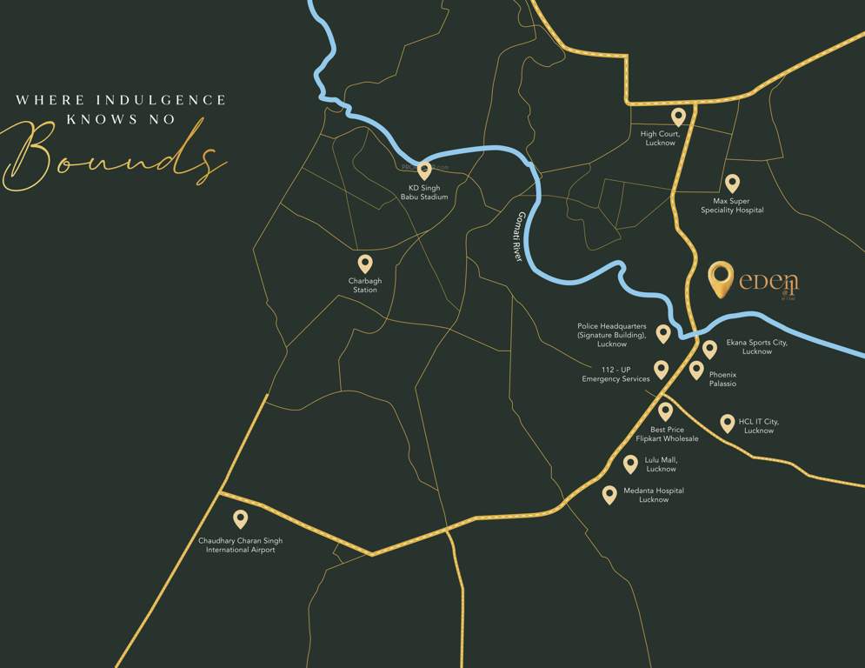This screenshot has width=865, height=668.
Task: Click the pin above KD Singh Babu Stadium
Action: click(424, 170)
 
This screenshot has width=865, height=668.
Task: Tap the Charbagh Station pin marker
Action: click(365, 264)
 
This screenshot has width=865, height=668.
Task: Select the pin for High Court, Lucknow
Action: click(678, 117)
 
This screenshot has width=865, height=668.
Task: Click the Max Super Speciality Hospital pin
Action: click(732, 183)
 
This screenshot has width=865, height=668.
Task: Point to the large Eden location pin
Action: click(721, 278)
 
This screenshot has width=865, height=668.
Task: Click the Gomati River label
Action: click(519, 237)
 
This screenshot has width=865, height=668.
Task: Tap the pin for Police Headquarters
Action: click(663, 333)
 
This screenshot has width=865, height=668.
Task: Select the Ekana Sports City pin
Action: click(709, 349)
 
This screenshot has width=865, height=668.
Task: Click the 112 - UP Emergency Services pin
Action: click(661, 370)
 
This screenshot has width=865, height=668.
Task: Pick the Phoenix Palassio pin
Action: click(696, 370)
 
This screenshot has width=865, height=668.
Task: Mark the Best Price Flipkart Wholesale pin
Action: click(665, 411)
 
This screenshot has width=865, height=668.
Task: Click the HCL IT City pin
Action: click(728, 423)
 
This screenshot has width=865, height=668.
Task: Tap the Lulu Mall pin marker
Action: click(630, 464)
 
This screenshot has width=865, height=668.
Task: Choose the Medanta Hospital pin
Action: click(609, 494)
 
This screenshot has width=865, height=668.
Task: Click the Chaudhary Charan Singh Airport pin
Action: click(240, 519)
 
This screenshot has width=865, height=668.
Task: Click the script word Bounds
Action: click(113, 157)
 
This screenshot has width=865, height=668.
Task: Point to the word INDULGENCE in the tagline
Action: click(161, 100)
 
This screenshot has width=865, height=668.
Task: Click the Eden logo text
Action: click(769, 281)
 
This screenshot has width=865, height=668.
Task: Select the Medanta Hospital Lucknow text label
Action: click(654, 495)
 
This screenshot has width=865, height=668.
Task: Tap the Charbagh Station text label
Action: click(365, 285)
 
